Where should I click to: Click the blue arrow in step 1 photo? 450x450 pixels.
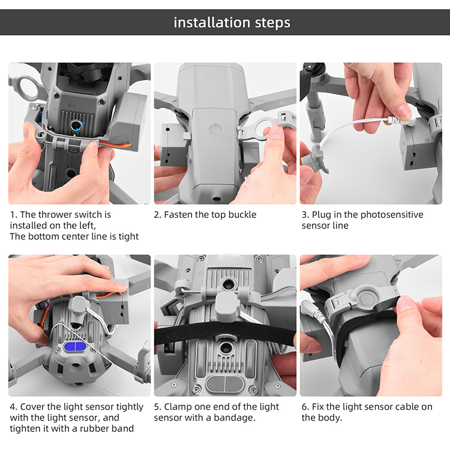pyautogui.click(x=80, y=126)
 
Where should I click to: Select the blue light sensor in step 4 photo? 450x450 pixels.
pyautogui.click(x=75, y=347)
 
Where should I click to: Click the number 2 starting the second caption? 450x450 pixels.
pyautogui.click(x=157, y=215)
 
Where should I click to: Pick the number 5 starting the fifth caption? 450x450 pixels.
pyautogui.click(x=157, y=407)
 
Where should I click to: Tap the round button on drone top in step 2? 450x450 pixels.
pyautogui.click(x=215, y=130)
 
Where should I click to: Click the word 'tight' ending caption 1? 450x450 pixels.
pyautogui.click(x=130, y=237)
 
